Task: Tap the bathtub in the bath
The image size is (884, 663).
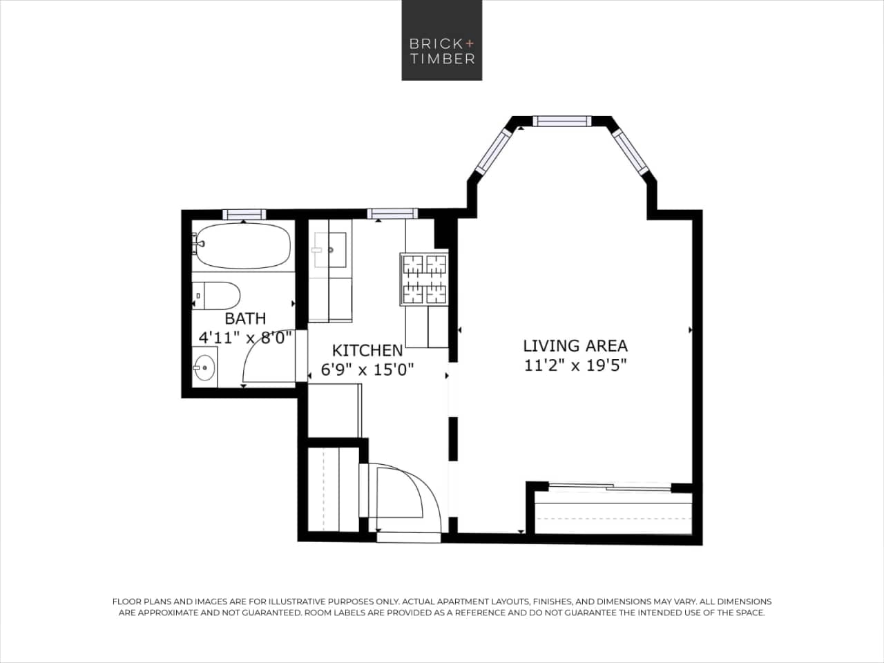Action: [x=242, y=247]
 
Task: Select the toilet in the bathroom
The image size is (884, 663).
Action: [x=217, y=296]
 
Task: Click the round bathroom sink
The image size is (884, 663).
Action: [x=204, y=367]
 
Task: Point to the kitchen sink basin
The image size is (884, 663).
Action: [x=330, y=249]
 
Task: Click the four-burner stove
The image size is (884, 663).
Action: [x=424, y=279]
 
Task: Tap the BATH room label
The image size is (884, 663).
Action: [x=245, y=318]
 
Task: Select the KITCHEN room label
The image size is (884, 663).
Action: [x=367, y=350]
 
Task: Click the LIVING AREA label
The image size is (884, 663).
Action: [x=575, y=345]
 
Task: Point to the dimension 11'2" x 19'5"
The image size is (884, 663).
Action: [x=575, y=365]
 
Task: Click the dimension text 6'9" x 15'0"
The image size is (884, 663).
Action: [x=367, y=369]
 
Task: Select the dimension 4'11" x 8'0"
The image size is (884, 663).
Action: [x=245, y=338]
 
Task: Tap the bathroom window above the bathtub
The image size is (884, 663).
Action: [x=244, y=214]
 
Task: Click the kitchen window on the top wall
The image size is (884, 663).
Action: [x=392, y=214]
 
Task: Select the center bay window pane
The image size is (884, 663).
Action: [x=562, y=122]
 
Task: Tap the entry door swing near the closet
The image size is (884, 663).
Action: [x=407, y=490]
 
